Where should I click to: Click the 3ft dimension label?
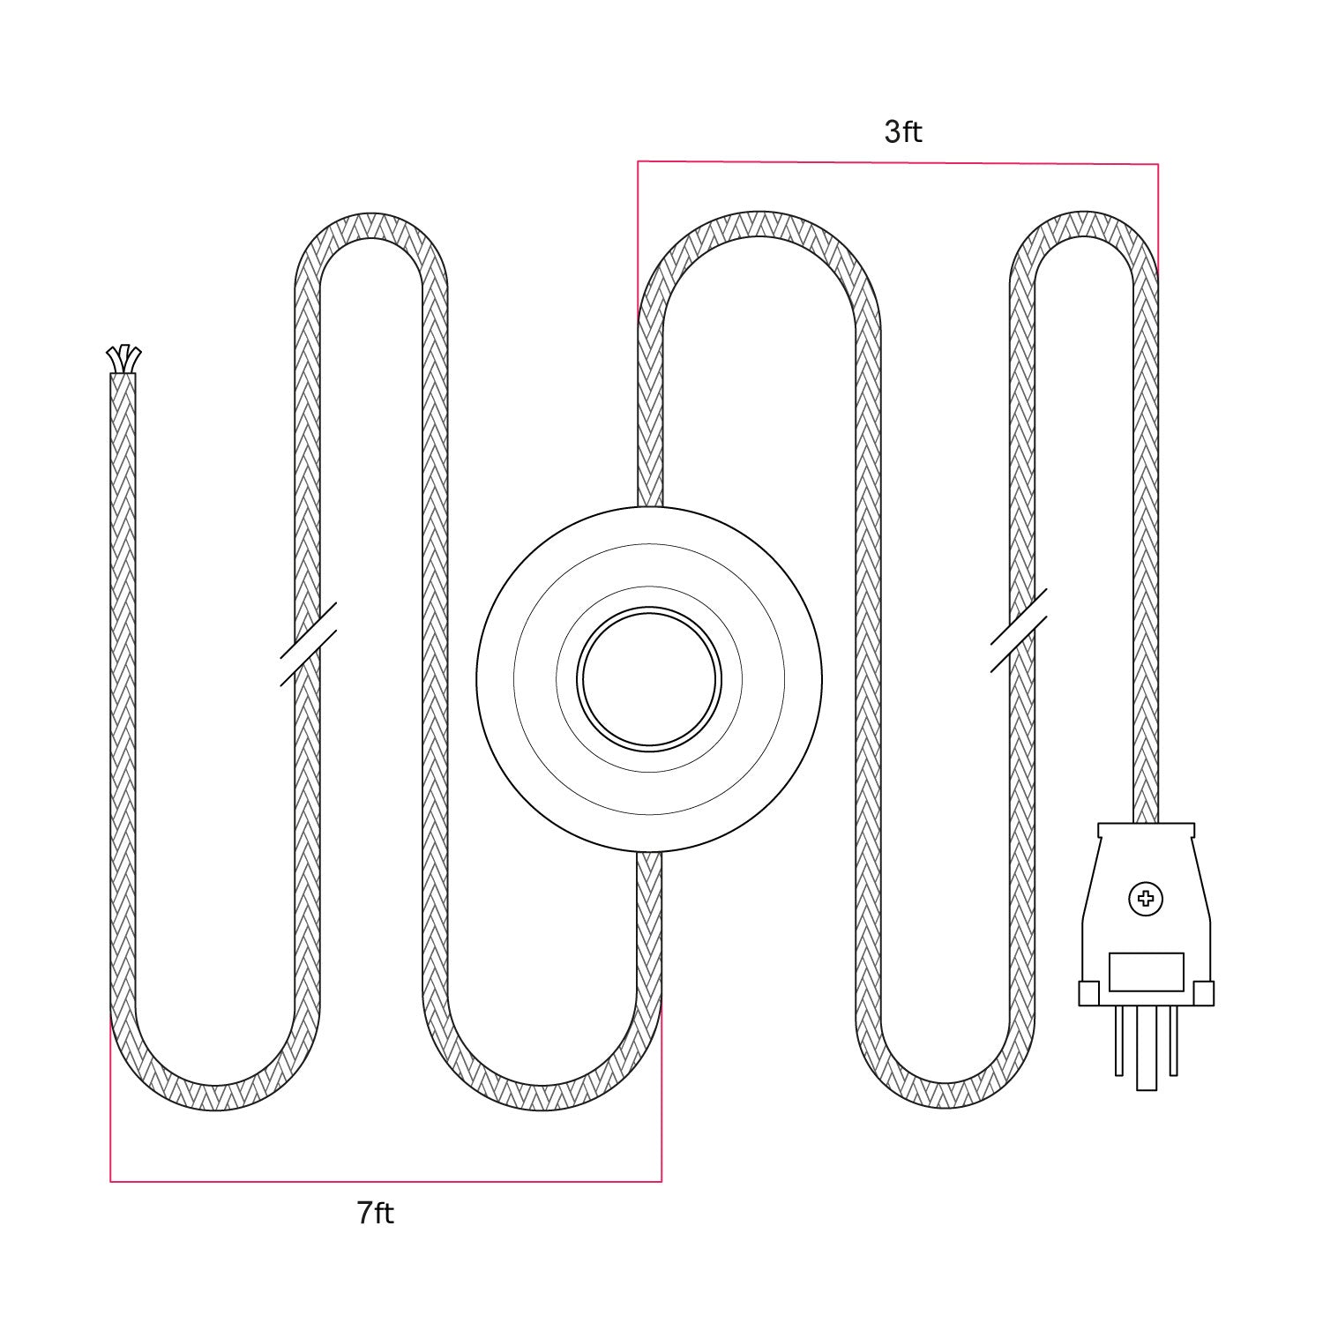(903, 132)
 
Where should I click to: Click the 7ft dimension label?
(376, 1214)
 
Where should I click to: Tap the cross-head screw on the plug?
(1146, 900)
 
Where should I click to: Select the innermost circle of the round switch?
(649, 678)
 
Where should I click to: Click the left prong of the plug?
(1119, 1041)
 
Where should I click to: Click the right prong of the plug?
(1174, 1041)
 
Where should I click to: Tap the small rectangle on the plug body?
(1146, 971)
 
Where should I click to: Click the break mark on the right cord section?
(1020, 631)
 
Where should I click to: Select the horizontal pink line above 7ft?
(385, 1180)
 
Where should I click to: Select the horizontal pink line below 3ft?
(898, 162)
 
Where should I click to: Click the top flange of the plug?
(1146, 830)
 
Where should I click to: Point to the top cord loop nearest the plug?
(1083, 225)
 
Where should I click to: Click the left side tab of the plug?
(1088, 993)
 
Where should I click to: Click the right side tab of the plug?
(1204, 993)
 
